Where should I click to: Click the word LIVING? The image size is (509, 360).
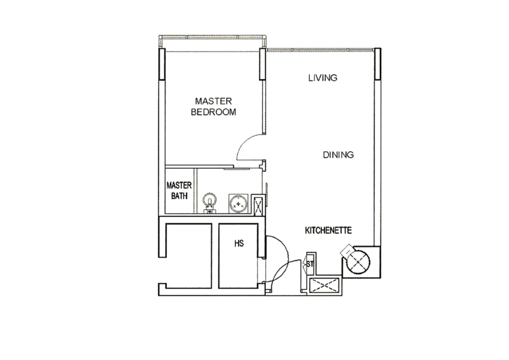point(323,78)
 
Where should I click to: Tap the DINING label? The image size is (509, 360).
point(338,155)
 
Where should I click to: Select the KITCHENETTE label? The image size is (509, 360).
point(328,230)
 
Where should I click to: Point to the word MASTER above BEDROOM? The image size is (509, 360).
point(213,101)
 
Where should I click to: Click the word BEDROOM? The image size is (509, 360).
point(213,112)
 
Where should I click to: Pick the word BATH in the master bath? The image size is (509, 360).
point(179,196)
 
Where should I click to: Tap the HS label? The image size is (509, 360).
point(239,243)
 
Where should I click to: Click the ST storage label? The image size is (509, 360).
point(310,264)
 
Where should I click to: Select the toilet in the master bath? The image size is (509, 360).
point(209,203)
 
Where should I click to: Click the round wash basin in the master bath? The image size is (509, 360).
point(238,204)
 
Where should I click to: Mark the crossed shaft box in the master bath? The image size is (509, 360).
point(258,205)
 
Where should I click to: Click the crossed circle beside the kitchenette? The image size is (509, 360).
point(358,262)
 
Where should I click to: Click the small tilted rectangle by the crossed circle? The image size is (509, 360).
point(347,250)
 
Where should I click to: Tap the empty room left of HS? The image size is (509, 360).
point(188,256)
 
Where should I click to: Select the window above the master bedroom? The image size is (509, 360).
point(213,41)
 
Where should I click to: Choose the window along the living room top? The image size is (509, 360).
point(321,50)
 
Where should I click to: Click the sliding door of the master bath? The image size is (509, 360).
point(237,169)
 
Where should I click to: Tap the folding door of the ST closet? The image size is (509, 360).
point(305,263)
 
